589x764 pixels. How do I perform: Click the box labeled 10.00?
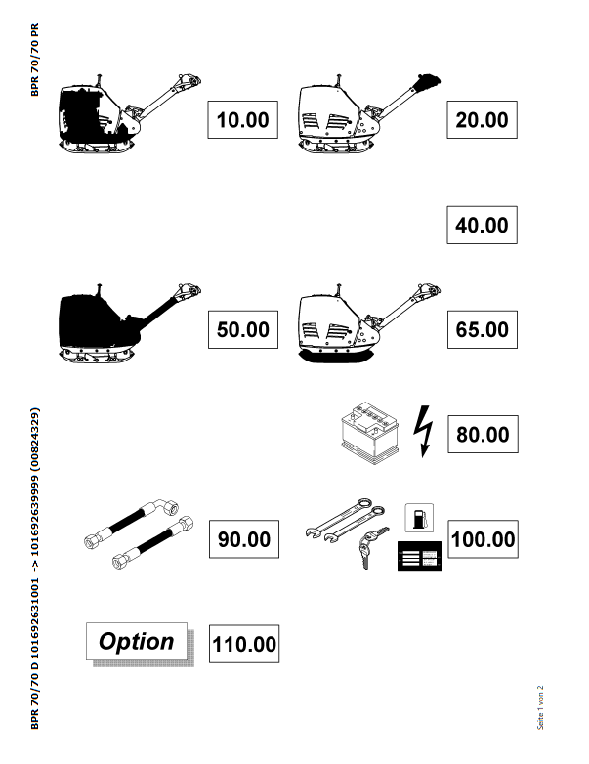[242, 120]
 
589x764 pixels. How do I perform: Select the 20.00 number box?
[482, 120]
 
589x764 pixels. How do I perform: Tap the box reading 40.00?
[482, 225]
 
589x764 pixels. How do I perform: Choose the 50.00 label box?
[243, 329]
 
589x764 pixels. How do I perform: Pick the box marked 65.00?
[483, 329]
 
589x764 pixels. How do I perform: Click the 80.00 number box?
[483, 434]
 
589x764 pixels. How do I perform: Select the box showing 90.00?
[244, 539]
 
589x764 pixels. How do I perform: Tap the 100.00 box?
[483, 539]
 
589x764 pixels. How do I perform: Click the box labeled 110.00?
[244, 644]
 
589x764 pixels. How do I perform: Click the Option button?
[137, 641]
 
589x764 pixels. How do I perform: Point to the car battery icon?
[370, 433]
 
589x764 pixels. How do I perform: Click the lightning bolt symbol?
[423, 432]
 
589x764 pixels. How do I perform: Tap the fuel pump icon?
[419, 518]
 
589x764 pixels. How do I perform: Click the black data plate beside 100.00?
[419, 556]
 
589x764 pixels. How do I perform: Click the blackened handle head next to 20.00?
[427, 81]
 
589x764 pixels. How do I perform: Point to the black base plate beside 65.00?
[336, 357]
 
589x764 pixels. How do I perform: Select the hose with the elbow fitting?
[132, 524]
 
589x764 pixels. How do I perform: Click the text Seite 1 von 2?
[540, 708]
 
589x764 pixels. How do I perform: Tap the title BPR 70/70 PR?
[34, 60]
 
